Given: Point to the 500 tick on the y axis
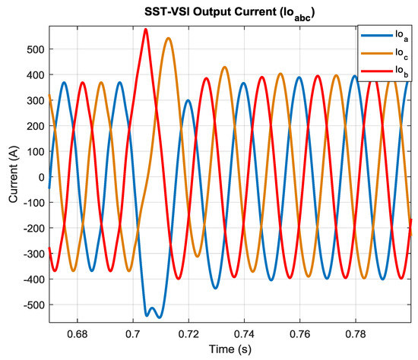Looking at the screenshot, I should point(34,49).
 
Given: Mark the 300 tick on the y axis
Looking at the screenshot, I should point(34,100).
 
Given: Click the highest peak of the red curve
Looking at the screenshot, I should point(146,30).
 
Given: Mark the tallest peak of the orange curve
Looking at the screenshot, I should point(168,38).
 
